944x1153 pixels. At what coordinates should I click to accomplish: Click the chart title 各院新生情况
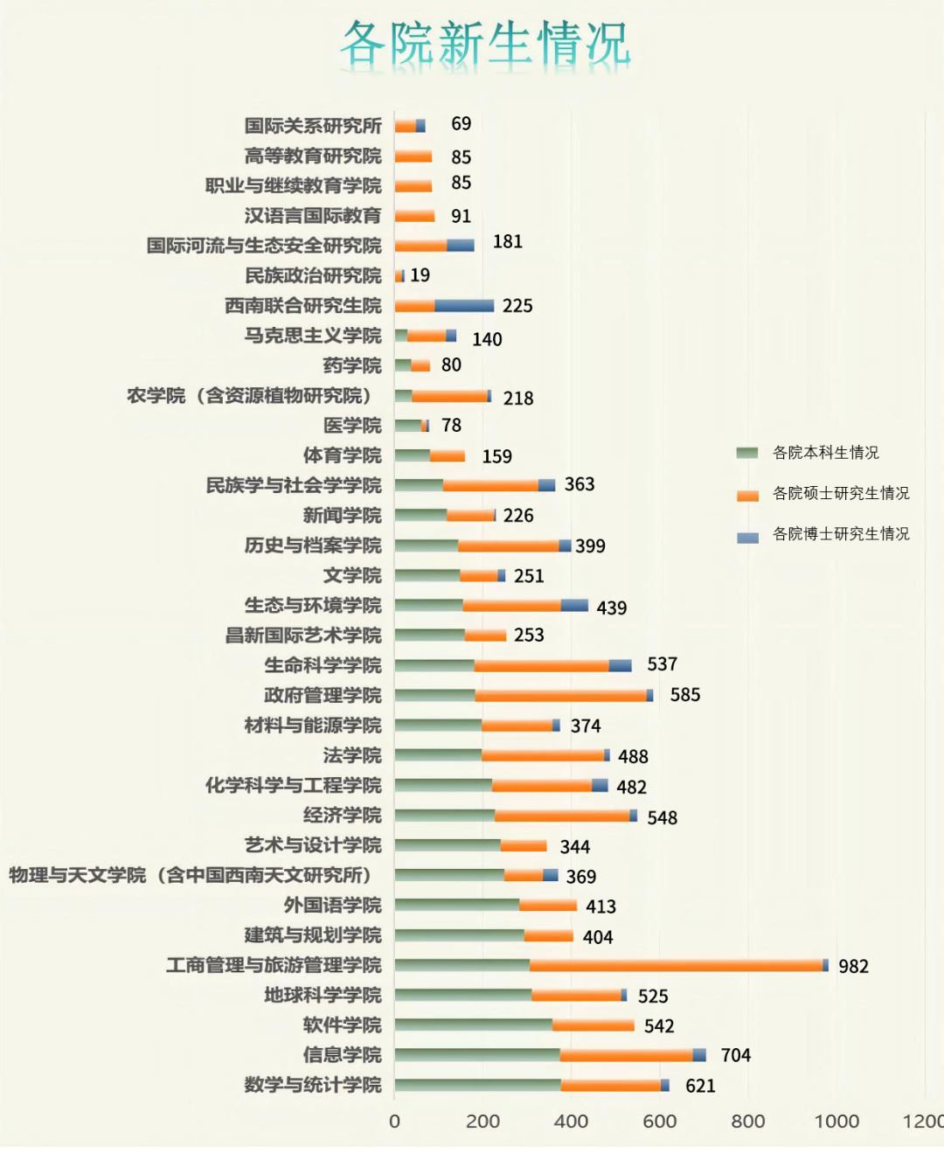pos(485,44)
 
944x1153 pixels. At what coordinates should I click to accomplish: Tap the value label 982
pos(853,966)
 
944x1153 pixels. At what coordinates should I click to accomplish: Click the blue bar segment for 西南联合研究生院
pos(464,305)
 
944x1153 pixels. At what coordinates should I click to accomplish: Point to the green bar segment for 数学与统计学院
pos(477,1085)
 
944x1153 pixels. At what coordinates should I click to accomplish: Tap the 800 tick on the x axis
pos(748,1122)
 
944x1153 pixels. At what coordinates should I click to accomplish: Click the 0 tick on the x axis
pos(394,1122)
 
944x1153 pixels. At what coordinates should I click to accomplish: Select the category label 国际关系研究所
pos(313,126)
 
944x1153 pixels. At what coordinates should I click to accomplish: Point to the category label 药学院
pos(352,365)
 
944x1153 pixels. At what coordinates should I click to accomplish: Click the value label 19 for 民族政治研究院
pos(420,275)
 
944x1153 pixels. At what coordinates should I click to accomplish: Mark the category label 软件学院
pos(342,1025)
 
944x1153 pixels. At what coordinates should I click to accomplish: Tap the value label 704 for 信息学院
pos(735,1055)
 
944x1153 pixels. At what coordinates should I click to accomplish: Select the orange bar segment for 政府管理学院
pos(560,695)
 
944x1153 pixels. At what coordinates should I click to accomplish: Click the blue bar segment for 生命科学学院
pos(620,665)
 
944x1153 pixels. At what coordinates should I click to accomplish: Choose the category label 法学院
pos(352,755)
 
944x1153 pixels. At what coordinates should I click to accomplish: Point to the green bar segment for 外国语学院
pos(456,905)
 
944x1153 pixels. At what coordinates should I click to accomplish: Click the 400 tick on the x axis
pos(571,1122)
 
